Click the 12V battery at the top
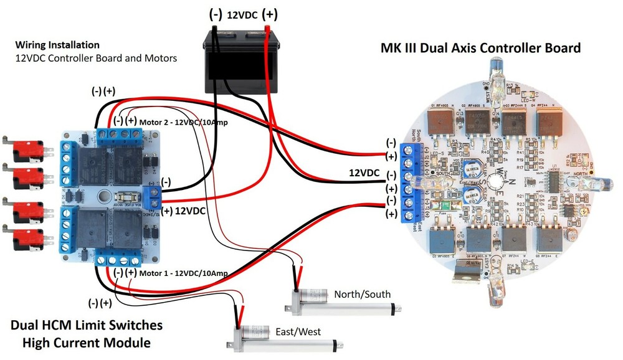tap(241, 60)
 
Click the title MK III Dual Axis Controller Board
tap(480, 48)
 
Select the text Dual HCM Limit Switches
tap(87, 325)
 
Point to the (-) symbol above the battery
tap(215, 14)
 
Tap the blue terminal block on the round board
tap(409, 184)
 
